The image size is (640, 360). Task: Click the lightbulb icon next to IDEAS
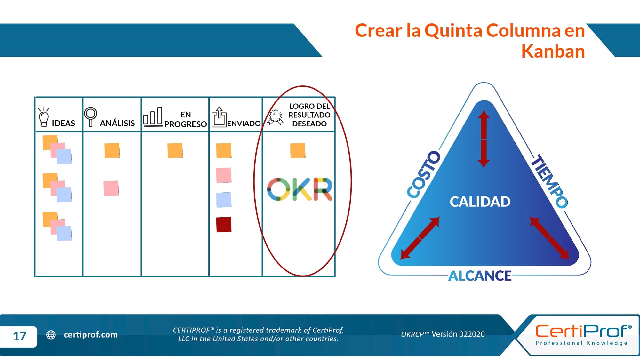point(44,117)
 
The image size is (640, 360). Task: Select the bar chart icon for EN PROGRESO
point(153,116)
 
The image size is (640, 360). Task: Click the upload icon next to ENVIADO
point(219,117)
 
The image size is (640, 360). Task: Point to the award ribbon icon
point(275,117)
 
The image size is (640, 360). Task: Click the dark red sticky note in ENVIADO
point(224,224)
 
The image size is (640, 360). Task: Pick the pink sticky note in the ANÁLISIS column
point(111,188)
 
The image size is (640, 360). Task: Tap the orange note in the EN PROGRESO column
point(175,150)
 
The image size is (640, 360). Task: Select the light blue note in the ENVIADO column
point(224,200)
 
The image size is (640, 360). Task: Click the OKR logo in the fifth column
point(300,189)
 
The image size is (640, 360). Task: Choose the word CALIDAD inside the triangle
point(480,202)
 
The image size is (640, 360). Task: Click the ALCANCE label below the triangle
point(480,276)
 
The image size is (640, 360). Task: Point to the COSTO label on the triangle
point(424,174)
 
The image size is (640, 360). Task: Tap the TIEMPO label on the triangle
point(549,181)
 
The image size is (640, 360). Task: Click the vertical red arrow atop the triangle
point(484,139)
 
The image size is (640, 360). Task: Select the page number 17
point(20,336)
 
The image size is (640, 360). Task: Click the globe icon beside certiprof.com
point(51,335)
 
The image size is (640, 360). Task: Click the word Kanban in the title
point(553,51)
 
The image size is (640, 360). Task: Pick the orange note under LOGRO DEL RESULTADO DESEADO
point(298,150)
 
